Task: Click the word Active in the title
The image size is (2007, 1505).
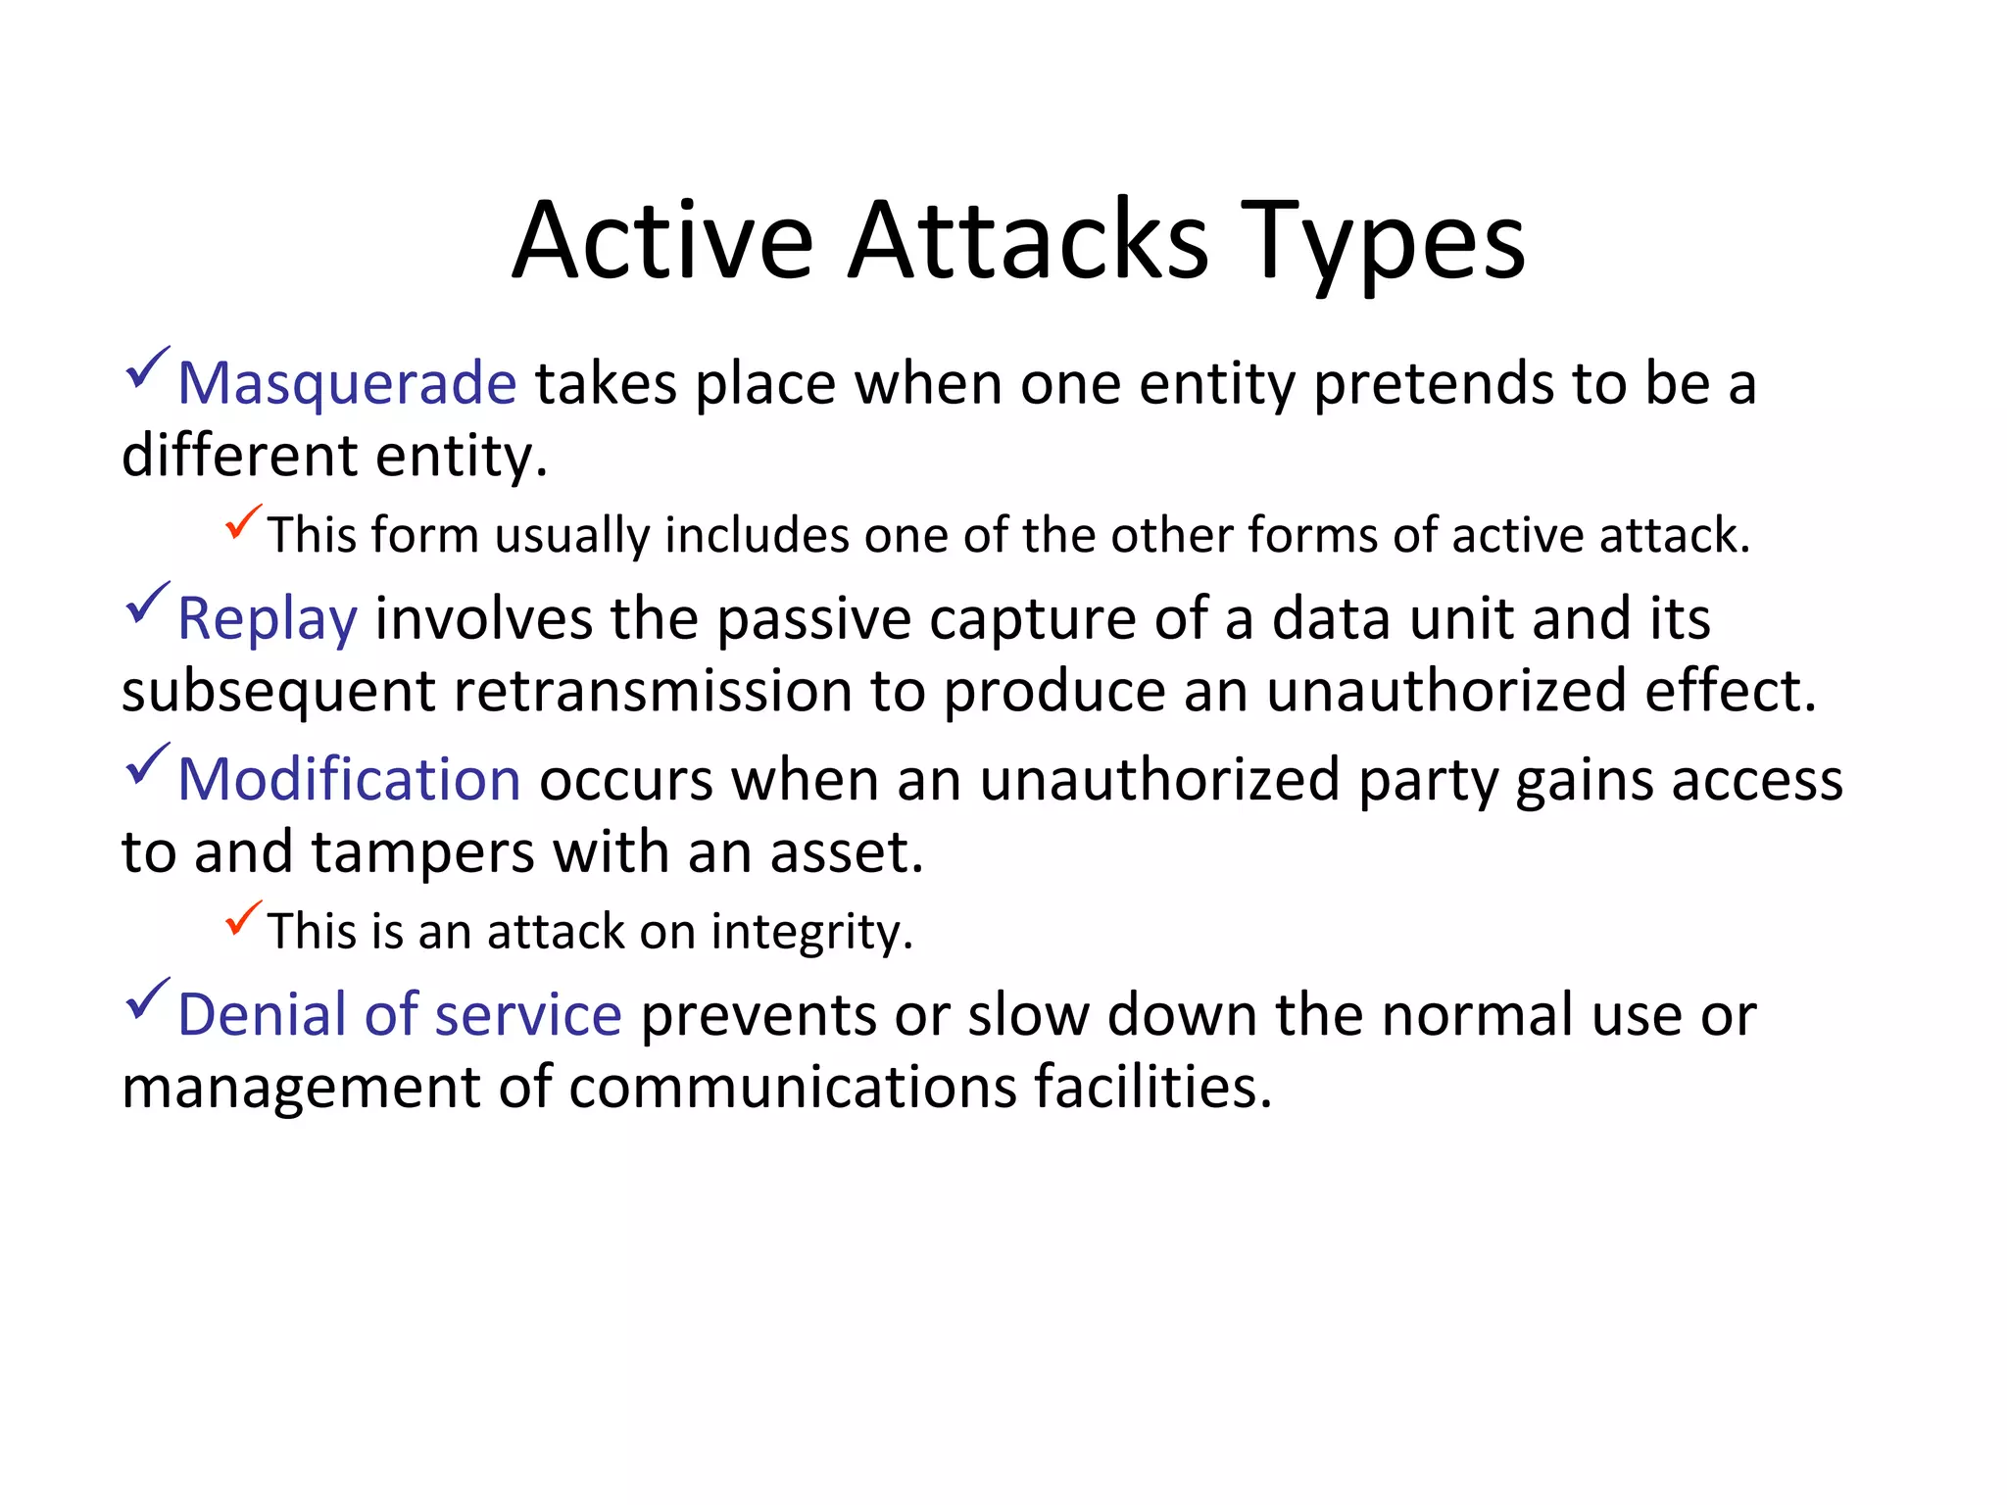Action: click(x=662, y=241)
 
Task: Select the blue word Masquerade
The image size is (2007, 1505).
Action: click(x=347, y=383)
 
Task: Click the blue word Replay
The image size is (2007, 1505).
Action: click(x=267, y=619)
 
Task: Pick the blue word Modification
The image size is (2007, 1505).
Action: click(x=349, y=780)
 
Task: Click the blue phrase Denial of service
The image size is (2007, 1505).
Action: click(x=399, y=1015)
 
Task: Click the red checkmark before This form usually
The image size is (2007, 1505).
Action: click(x=242, y=522)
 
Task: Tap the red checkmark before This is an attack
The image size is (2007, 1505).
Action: click(x=242, y=918)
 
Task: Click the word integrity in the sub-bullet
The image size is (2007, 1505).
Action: click(x=811, y=932)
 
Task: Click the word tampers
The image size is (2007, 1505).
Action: click(x=423, y=852)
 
